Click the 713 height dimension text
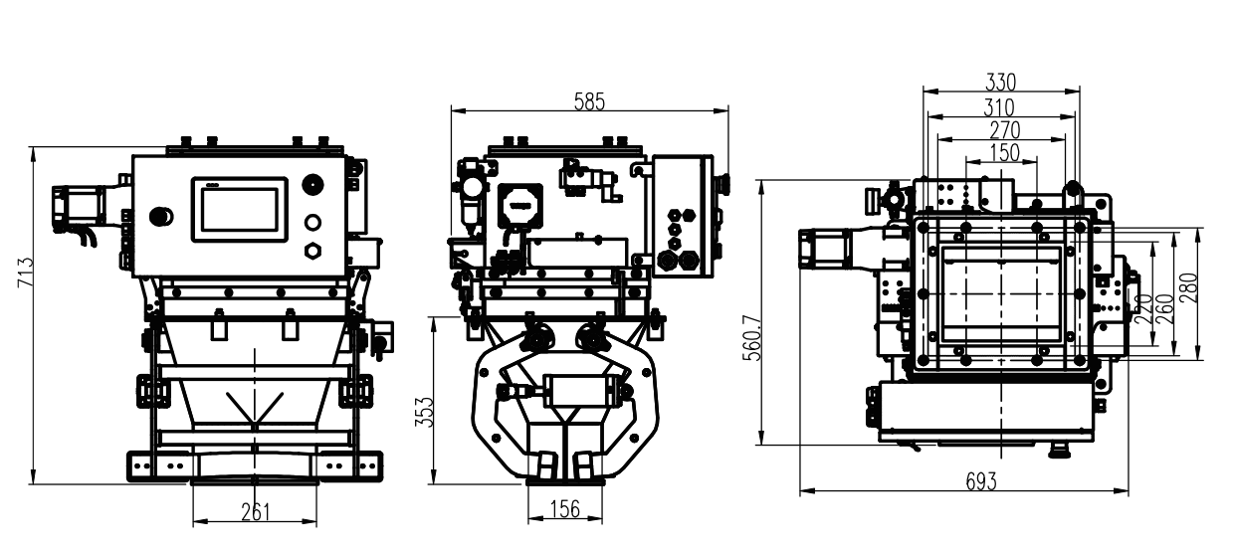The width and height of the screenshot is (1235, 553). pos(26,272)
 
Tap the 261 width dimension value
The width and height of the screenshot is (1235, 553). pos(256,512)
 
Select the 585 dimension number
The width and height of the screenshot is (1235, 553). pos(589,101)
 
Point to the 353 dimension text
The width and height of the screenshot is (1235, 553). pos(425,412)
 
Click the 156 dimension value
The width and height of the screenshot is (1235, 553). pos(565,509)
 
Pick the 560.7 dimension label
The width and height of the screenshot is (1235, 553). pos(751,338)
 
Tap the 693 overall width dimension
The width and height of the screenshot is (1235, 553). pos(981,482)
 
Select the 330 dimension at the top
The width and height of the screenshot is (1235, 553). pos(1001,83)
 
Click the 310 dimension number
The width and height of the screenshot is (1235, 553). pos(999,107)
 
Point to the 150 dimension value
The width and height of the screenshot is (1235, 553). pos(1004,152)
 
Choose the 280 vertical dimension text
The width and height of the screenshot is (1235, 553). pos(1190,287)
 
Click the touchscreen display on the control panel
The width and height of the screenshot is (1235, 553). pos(240,209)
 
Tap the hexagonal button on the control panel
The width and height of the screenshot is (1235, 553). pos(312,251)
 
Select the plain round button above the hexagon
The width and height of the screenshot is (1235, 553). pos(312,223)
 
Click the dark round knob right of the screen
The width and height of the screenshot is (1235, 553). pos(312,184)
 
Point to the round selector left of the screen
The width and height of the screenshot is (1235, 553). pos(161,217)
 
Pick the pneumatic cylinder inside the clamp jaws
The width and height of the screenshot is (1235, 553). pos(575,392)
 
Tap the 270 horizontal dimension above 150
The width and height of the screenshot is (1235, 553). pos(1004,130)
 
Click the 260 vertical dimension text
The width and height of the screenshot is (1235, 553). pos(1167,309)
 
